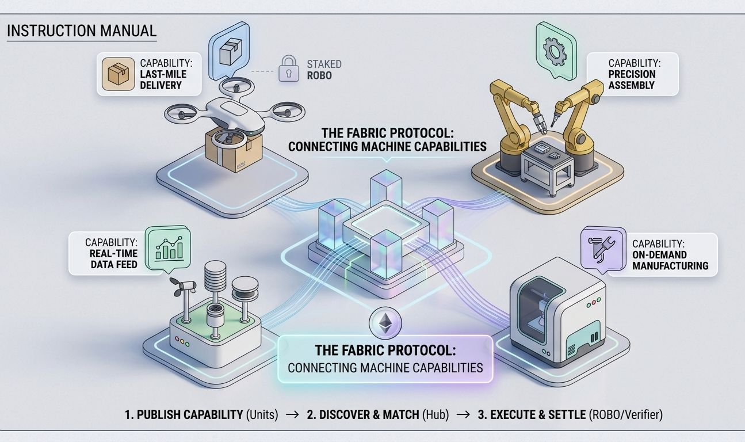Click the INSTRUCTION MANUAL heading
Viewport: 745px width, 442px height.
pos(82,31)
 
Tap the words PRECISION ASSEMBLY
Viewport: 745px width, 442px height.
pos(632,79)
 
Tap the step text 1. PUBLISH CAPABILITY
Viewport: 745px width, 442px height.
pos(184,414)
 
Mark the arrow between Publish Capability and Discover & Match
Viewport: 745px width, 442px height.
pos(292,414)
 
